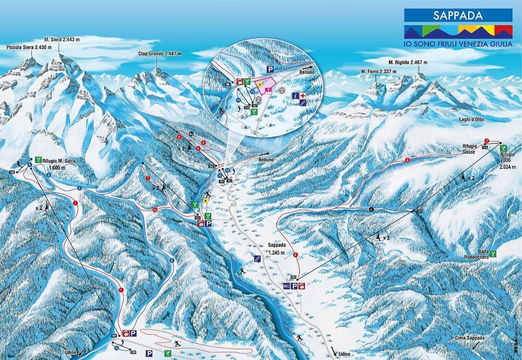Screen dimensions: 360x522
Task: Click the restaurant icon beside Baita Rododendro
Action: [x=492, y=254]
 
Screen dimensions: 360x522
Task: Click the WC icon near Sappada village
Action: [x=286, y=286]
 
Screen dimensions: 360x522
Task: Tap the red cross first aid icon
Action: [x=302, y=96]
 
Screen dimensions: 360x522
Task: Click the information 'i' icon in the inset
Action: [x=295, y=96]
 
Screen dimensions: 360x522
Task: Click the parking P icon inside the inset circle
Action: [x=270, y=69]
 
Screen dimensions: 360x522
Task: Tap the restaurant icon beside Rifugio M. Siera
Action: [x=39, y=160]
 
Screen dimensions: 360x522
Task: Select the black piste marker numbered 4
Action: [x=371, y=210]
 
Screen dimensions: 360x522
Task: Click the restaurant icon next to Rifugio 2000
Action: [x=503, y=148]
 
